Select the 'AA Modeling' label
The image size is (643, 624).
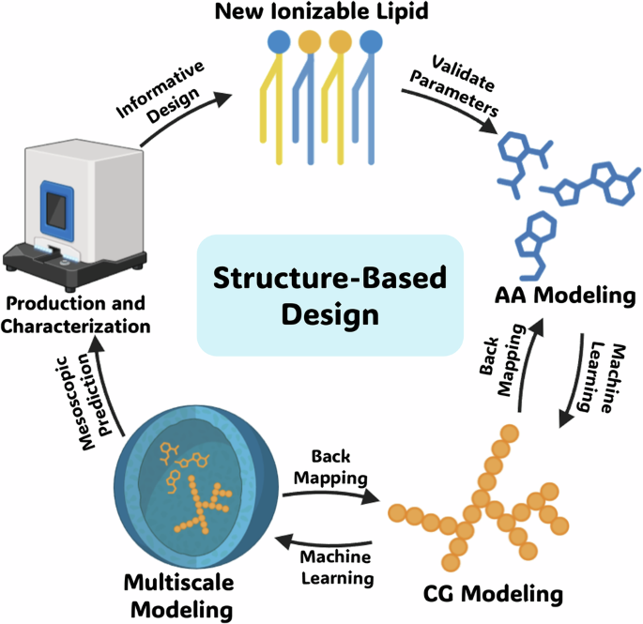point(563,297)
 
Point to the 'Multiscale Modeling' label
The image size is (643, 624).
point(179,597)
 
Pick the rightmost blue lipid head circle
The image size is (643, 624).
point(373,43)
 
